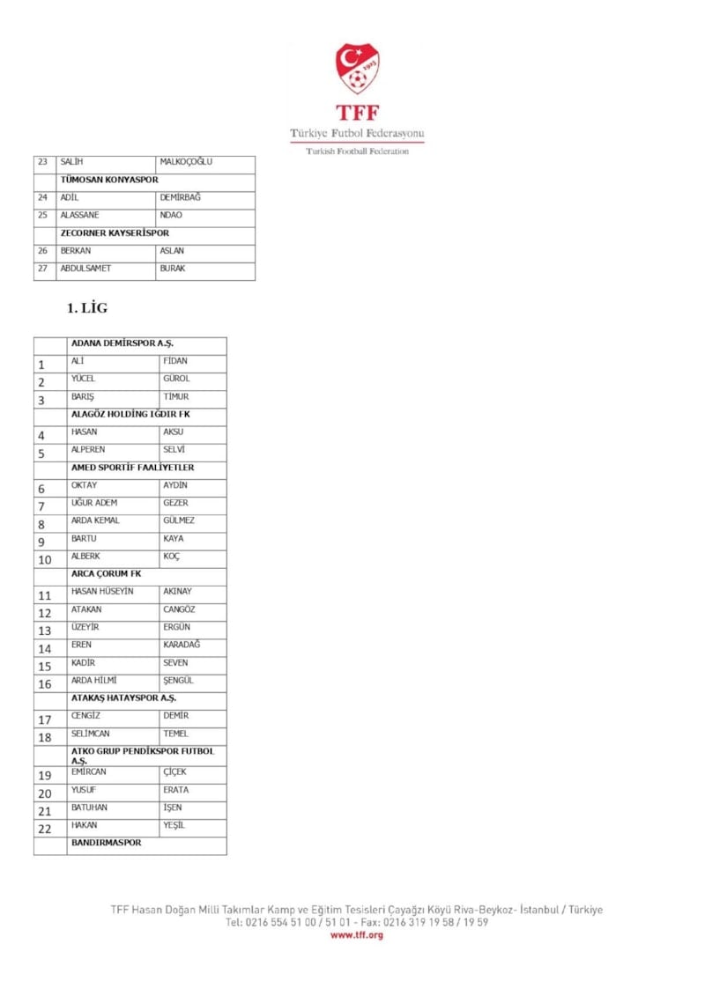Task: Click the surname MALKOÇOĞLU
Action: coord(186,162)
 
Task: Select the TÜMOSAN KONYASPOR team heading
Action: coord(109,180)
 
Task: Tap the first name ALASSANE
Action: coord(79,215)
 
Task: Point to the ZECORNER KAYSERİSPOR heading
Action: coord(115,233)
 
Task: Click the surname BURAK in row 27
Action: coord(173,269)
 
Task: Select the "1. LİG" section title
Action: coord(87,308)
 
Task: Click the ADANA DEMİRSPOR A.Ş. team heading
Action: coord(127,343)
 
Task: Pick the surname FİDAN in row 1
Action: coord(175,361)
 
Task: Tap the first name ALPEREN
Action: coord(88,449)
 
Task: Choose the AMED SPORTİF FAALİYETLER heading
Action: coord(133,468)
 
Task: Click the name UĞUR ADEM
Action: coord(94,503)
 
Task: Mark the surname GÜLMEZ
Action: coord(179,520)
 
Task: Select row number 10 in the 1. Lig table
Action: coord(45,559)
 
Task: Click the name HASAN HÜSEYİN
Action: coord(102,591)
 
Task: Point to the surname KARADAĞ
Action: coord(182,645)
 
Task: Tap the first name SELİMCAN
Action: coord(91,734)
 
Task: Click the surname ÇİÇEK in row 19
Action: coord(175,772)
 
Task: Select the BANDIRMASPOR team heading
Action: coord(106,843)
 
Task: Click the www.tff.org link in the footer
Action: coord(357,935)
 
